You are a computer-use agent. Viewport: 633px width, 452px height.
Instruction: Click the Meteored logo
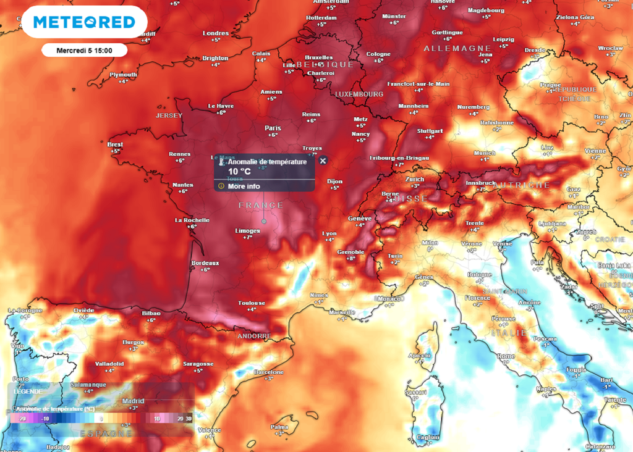pos(84,22)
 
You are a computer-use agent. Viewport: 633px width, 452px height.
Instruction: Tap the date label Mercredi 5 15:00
pos(84,50)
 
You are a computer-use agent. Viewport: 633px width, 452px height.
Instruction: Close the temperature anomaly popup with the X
pos(323,161)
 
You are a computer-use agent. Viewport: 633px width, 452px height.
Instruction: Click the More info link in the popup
pos(244,186)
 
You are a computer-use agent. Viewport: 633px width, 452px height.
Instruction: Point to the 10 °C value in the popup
pos(239,171)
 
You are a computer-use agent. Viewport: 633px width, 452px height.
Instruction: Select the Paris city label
pos(273,128)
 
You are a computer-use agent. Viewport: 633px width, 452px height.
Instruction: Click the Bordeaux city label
pos(206,263)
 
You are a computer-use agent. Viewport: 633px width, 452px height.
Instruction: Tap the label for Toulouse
pos(252,303)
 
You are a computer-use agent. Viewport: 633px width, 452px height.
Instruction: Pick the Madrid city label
pos(133,401)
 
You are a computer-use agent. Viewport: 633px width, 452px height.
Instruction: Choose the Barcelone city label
pos(269,372)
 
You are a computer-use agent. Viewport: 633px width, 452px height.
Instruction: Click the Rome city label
pos(506,356)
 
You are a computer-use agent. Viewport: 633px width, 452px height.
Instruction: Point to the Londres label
pos(216,33)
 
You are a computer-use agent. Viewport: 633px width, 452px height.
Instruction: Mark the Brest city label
pos(115,144)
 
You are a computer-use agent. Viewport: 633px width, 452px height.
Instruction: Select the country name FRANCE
pos(261,205)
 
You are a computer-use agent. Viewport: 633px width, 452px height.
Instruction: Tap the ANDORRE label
pos(254,336)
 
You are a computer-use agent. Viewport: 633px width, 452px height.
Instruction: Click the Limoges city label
pos(248,230)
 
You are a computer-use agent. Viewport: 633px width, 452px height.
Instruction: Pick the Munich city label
pos(485,153)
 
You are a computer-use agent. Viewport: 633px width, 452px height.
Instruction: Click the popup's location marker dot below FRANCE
pos(264,220)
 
